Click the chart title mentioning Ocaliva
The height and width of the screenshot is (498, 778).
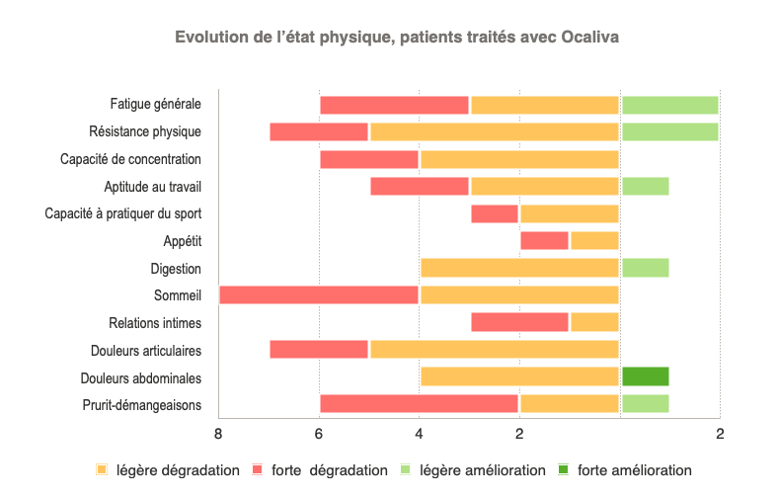tap(397, 38)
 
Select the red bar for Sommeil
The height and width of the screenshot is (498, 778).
tap(319, 294)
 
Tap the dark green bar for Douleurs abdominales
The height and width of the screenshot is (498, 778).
tap(645, 376)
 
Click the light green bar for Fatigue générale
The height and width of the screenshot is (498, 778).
tap(669, 104)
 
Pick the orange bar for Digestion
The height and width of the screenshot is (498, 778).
tap(519, 267)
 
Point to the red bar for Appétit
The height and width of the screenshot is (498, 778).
tap(544, 240)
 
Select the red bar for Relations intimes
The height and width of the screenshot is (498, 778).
tap(519, 322)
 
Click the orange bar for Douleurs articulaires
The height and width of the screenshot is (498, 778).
tap(494, 349)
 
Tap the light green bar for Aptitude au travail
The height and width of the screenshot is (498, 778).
tap(645, 186)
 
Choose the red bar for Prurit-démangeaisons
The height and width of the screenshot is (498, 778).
tap(419, 403)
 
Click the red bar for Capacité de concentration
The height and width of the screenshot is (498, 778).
tap(369, 158)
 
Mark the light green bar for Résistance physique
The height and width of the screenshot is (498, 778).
tap(669, 131)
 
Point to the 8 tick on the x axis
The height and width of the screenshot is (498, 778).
tap(218, 433)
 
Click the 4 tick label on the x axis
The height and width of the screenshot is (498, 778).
tap(419, 433)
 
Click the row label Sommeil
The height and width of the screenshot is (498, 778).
tap(178, 294)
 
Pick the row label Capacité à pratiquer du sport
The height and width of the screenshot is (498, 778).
tap(123, 212)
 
